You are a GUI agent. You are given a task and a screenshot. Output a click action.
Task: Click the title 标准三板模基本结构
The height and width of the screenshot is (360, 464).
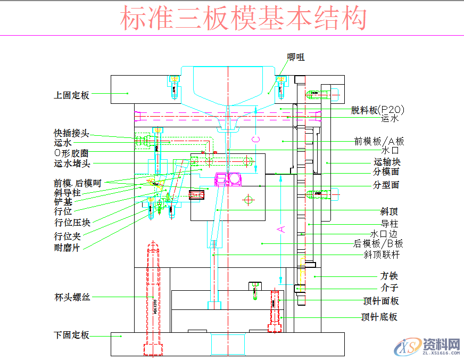[243, 19]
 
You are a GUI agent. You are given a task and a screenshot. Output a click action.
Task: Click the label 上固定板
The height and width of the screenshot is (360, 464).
[71, 95]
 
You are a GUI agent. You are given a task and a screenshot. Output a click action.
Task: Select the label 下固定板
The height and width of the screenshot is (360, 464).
[71, 336]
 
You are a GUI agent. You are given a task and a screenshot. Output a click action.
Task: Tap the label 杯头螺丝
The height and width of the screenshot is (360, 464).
[72, 297]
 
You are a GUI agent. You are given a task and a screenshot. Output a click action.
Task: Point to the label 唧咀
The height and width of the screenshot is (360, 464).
[296, 57]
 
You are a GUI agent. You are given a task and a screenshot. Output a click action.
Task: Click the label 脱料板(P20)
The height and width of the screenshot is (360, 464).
[378, 110]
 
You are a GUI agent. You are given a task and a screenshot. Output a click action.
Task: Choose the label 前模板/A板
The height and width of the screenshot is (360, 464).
[379, 142]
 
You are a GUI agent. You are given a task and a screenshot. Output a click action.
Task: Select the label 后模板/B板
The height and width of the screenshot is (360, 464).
[378, 244]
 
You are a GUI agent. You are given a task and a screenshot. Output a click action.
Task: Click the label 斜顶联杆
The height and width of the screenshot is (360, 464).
[382, 255]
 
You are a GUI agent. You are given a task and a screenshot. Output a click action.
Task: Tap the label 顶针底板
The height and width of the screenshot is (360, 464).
[379, 317]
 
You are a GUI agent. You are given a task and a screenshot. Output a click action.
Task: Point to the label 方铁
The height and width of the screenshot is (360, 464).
[389, 276]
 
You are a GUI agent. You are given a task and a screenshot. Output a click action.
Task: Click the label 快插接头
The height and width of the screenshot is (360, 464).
[71, 133]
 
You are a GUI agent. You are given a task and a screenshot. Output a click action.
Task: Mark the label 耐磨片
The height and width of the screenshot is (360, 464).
[67, 248]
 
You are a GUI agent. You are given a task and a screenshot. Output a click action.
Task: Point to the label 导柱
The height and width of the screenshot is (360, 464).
[389, 224]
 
